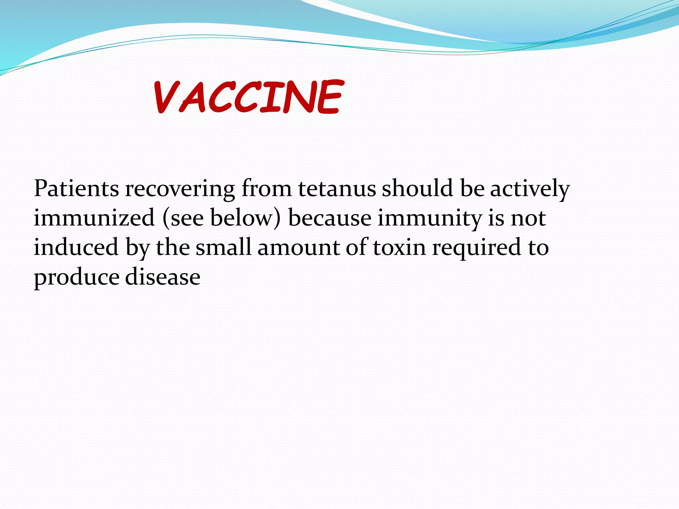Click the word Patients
[76, 189]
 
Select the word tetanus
[337, 189]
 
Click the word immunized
[94, 218]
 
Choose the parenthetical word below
[245, 218]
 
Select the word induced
[76, 247]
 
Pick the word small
[223, 247]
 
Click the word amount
[299, 248]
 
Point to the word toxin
[400, 248]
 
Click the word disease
[163, 277]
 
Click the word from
[267, 189]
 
